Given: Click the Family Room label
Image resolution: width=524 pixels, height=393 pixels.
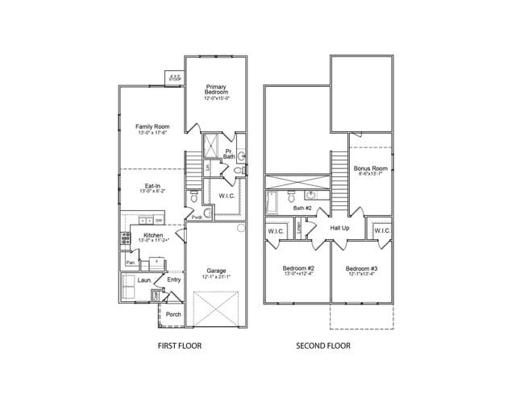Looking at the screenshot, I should (x=152, y=126).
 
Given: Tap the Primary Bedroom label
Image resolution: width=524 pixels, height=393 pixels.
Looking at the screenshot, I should (x=217, y=89).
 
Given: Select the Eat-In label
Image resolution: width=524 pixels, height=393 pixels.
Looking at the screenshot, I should (x=152, y=186).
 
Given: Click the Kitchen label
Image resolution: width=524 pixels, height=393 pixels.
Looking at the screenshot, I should (x=152, y=235).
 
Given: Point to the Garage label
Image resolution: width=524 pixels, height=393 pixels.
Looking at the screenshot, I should (x=216, y=271).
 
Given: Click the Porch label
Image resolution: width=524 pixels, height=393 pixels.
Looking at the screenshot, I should (x=173, y=314).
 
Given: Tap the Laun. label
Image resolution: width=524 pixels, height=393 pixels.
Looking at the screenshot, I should (x=145, y=281).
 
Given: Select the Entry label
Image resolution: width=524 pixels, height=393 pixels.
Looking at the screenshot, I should (x=174, y=279).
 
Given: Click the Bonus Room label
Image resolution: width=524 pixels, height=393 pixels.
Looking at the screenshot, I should (x=370, y=168).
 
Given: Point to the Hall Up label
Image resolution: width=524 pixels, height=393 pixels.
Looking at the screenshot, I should (x=339, y=228).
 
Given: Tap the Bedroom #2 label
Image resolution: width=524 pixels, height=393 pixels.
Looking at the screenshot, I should (x=298, y=267).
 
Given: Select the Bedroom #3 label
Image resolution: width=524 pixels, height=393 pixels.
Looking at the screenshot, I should (x=362, y=267).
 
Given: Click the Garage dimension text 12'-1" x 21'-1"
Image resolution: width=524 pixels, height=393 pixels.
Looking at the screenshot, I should (x=216, y=277).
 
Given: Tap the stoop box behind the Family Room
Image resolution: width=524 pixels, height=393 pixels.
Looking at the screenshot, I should (x=174, y=75).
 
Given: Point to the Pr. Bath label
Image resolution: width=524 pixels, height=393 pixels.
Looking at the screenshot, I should (x=229, y=153).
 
